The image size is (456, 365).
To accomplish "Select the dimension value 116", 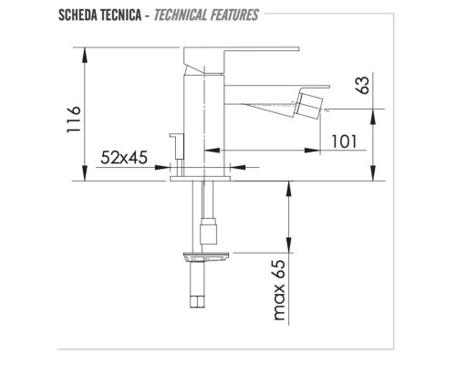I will point(76,120).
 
